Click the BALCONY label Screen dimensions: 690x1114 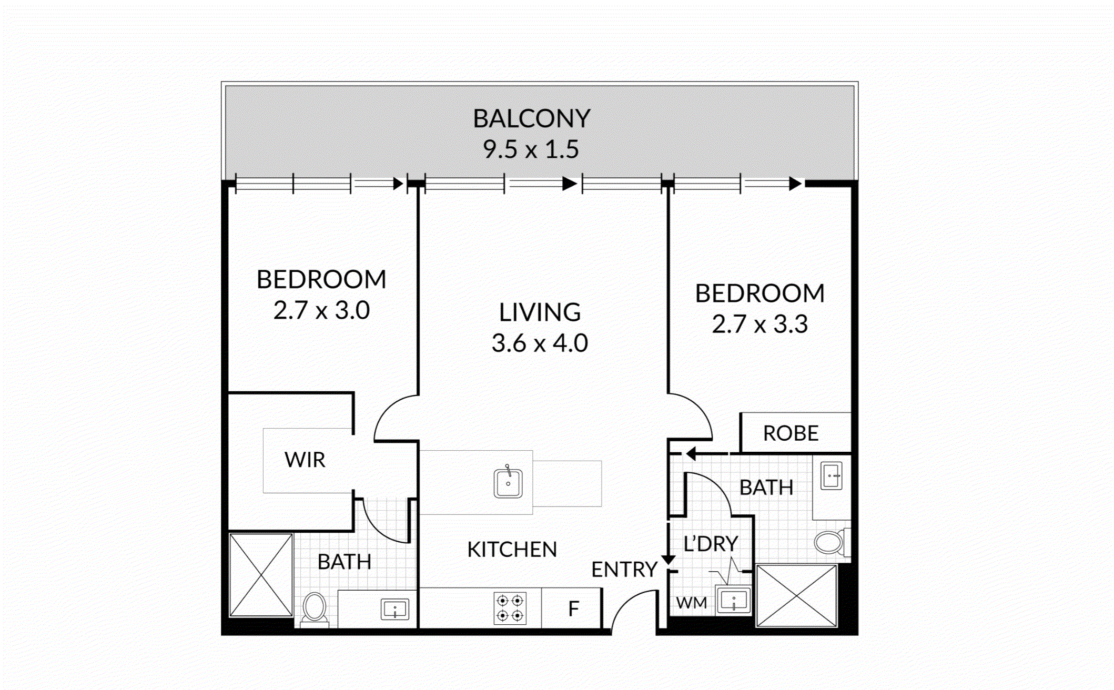(x=531, y=118)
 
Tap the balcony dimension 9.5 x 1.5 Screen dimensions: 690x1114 (x=531, y=149)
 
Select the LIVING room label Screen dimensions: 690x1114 (x=540, y=312)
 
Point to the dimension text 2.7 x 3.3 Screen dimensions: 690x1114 (x=759, y=324)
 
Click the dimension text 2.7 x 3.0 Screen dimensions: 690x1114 (x=321, y=310)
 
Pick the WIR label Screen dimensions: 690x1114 (x=305, y=460)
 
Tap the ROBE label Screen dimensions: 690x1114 (x=791, y=433)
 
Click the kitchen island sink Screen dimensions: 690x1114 (x=508, y=483)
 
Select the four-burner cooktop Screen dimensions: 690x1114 (x=510, y=608)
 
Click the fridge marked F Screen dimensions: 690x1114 (x=573, y=608)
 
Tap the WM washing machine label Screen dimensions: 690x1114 (x=691, y=603)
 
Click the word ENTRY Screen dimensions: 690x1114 (x=624, y=570)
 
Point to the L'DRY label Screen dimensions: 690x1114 (x=711, y=543)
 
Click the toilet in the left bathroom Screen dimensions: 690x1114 (x=315, y=608)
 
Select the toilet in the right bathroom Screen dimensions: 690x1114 (x=829, y=542)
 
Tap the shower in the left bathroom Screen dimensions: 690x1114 (x=261, y=575)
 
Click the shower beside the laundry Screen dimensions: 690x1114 (x=796, y=596)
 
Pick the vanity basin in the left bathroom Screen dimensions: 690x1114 (x=394, y=610)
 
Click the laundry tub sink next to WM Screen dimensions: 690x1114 (x=733, y=600)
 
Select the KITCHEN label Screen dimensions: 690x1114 (x=512, y=550)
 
